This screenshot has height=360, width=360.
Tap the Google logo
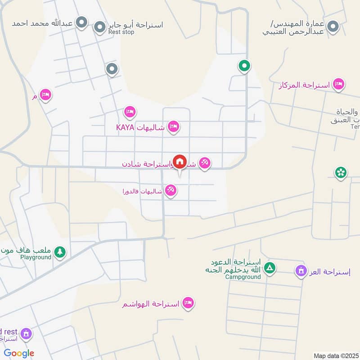(19, 353)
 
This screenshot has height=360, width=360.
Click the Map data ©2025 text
(335, 355)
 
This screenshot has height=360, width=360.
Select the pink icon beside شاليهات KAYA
(173, 127)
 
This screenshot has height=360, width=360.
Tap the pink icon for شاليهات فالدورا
(170, 190)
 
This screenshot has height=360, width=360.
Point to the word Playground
(36, 257)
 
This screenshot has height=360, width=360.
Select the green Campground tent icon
(270, 269)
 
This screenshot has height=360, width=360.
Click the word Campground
(243, 277)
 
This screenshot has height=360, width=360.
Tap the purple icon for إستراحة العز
(300, 271)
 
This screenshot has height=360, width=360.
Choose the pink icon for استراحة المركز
(338, 84)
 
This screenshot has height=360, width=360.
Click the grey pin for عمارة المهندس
(333, 27)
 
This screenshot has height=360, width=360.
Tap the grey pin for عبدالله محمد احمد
(81, 22)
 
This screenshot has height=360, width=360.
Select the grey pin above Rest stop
(99, 27)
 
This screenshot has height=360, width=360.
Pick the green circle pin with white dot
(244, 66)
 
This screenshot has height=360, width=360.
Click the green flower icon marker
(341, 172)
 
